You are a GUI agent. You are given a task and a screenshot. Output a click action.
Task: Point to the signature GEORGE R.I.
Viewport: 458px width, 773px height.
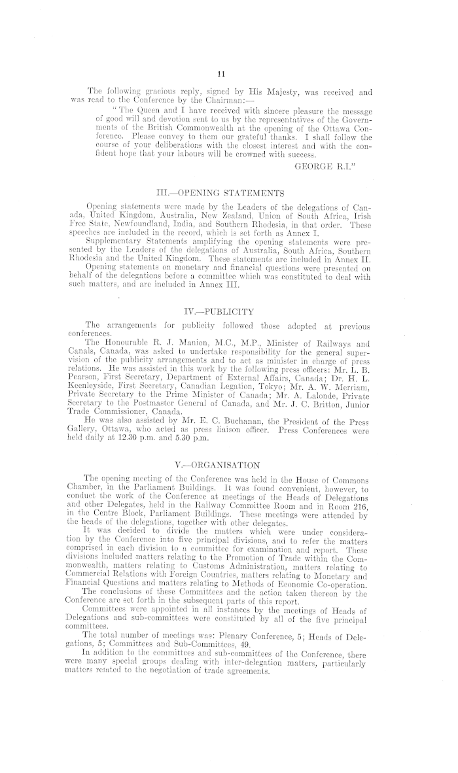323,166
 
